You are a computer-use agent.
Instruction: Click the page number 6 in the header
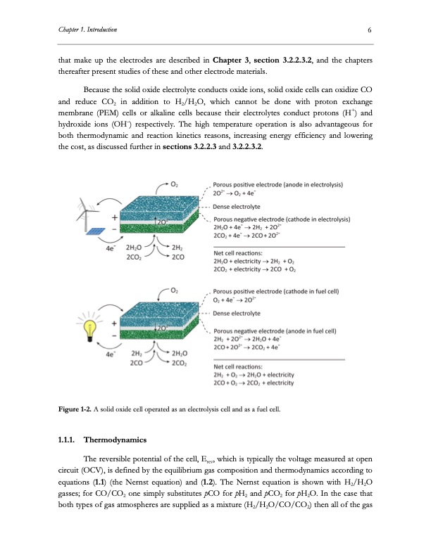[369, 30]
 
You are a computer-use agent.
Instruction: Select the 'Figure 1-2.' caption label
[73, 409]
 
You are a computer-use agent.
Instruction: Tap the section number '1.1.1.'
[67, 441]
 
